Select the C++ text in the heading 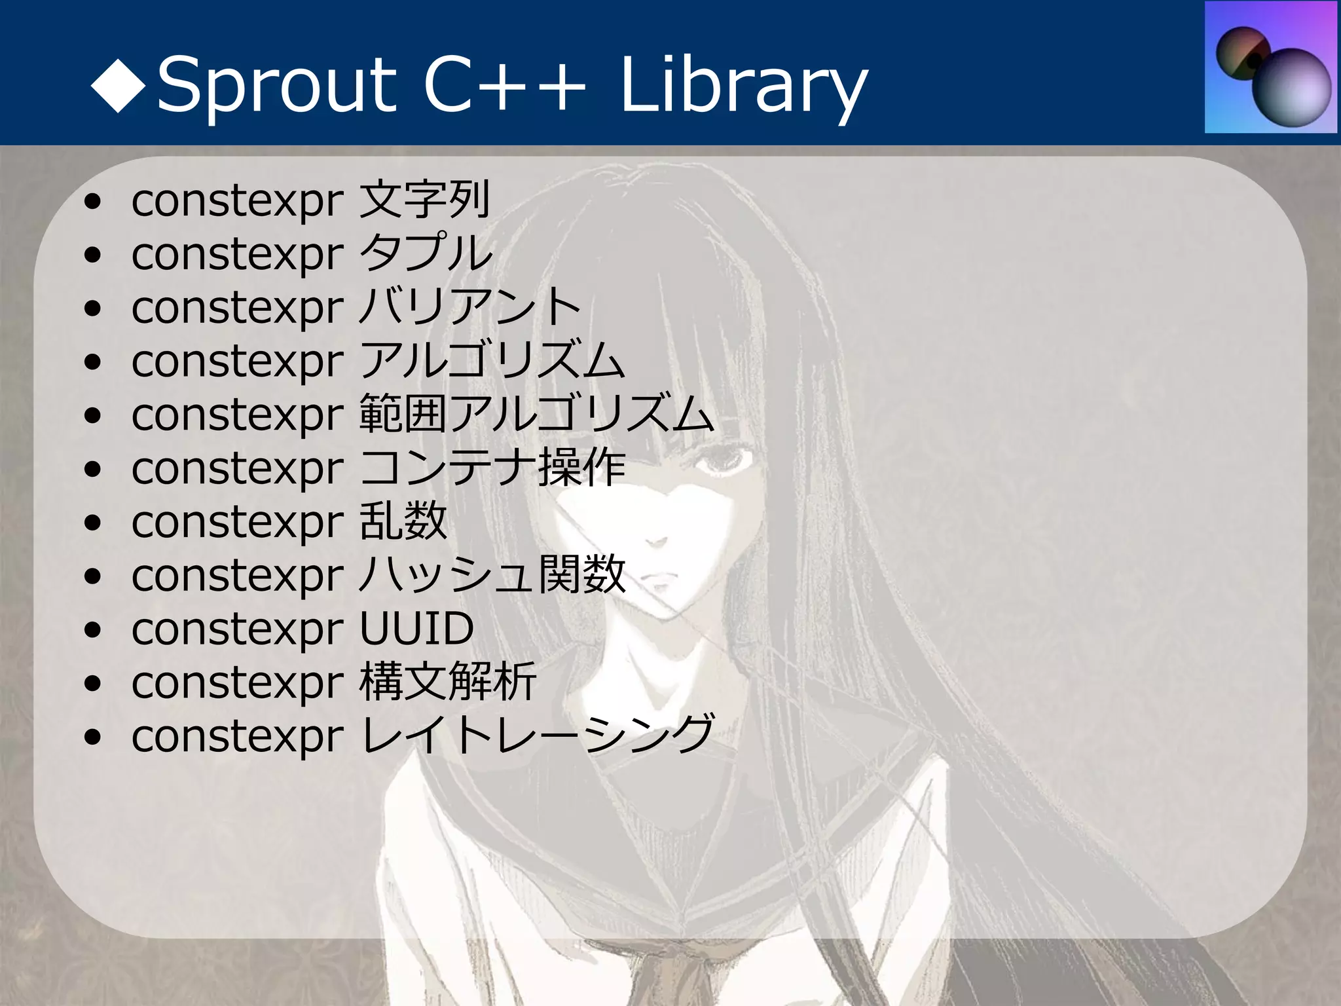pos(504,85)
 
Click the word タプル pos(426,253)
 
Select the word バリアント pos(470,307)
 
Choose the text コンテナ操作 pos(493,468)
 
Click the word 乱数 pos(403,522)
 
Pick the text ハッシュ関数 pos(493,575)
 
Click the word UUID pos(417,629)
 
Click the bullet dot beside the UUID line pos(93,630)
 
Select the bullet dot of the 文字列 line pos(93,201)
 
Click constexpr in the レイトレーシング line pos(237,737)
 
